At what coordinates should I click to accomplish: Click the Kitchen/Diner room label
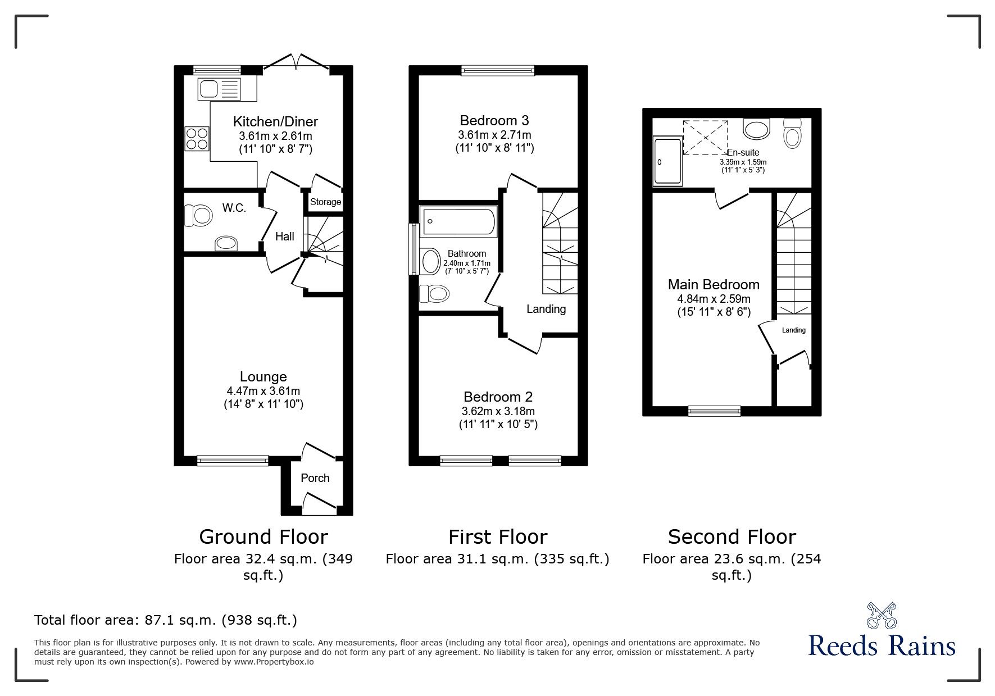tap(275, 121)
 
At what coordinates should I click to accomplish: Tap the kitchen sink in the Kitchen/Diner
tap(219, 89)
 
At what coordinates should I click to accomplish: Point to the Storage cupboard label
tap(326, 202)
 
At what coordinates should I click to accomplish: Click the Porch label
tap(315, 478)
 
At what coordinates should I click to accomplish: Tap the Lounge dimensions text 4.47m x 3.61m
tap(263, 391)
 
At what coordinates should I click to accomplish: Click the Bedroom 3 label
tap(494, 120)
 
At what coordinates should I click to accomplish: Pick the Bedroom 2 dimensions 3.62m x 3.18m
tap(498, 411)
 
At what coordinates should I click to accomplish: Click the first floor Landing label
tap(546, 309)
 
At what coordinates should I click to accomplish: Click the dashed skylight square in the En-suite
tap(705, 137)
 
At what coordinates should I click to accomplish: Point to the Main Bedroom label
tap(714, 285)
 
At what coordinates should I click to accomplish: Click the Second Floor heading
tap(732, 537)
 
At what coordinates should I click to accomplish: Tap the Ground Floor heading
tap(263, 537)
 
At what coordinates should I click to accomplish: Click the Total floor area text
tap(166, 620)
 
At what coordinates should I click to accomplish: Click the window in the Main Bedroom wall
tap(715, 411)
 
